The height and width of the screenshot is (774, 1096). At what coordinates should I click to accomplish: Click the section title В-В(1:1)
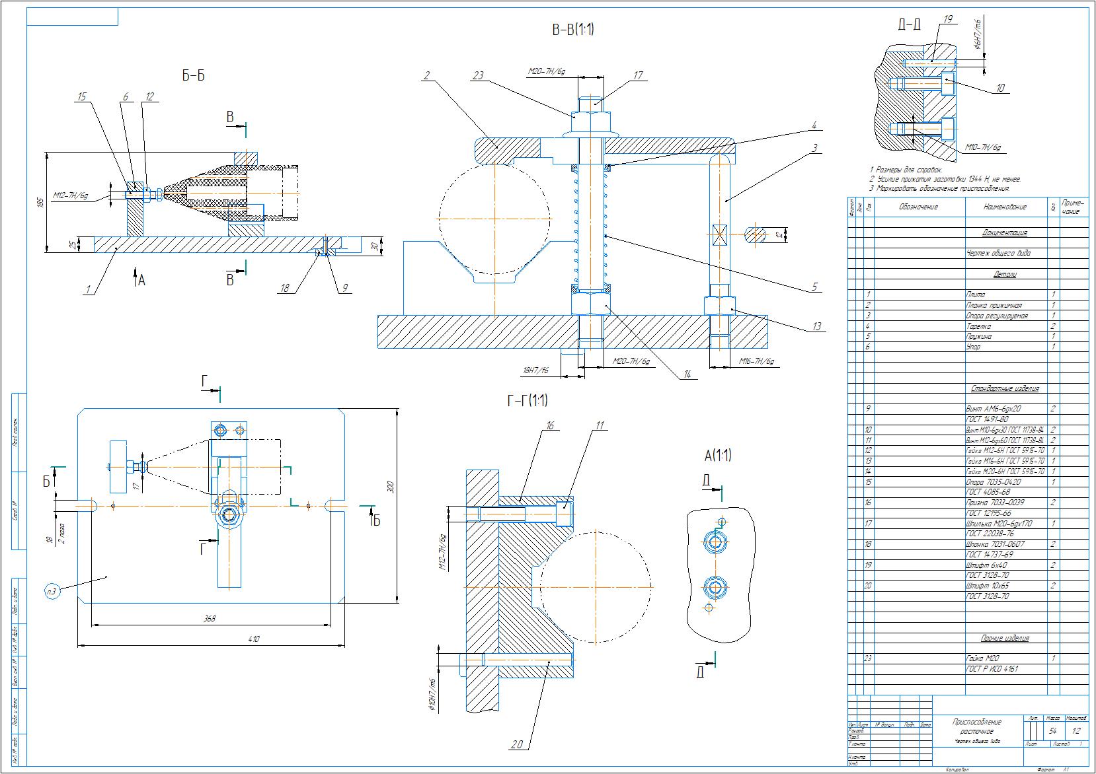[572, 30]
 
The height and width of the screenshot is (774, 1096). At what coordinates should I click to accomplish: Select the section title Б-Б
[193, 76]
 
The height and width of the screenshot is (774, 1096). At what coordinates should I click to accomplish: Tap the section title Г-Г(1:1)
[526, 401]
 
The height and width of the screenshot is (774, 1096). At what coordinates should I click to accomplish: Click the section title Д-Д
[910, 25]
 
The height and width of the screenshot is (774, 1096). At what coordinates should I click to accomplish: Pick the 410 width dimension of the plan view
[254, 639]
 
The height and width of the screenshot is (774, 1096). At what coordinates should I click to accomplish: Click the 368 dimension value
[210, 619]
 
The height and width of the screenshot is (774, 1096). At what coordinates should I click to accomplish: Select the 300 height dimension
[390, 487]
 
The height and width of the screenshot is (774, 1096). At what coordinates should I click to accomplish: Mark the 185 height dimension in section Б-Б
[40, 201]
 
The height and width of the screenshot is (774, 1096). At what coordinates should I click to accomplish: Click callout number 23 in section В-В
[478, 75]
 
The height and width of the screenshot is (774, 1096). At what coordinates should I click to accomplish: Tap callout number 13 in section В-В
[816, 326]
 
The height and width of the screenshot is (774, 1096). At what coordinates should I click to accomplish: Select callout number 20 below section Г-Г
[517, 745]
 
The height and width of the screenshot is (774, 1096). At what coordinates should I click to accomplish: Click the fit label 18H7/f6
[535, 371]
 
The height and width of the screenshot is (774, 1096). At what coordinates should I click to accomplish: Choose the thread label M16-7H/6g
[756, 362]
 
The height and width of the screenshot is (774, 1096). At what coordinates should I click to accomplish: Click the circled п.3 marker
[53, 591]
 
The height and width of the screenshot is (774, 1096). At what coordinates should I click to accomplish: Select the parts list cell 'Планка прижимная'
[994, 305]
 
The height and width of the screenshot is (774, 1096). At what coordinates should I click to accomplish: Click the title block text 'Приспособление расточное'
[976, 726]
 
